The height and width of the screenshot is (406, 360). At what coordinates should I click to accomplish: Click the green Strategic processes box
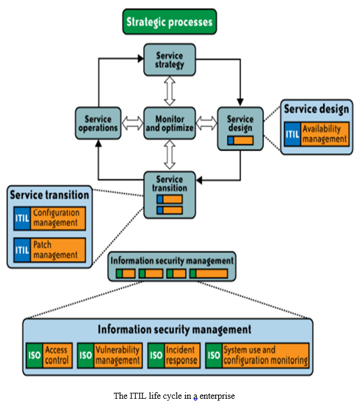pyautogui.click(x=169, y=22)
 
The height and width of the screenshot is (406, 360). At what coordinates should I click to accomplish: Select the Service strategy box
pyautogui.click(x=170, y=60)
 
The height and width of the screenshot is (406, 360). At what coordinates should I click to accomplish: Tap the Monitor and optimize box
pyautogui.click(x=170, y=123)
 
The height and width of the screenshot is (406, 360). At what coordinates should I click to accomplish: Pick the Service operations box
pyautogui.click(x=98, y=123)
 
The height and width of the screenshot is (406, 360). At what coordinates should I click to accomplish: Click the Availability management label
pyautogui.click(x=325, y=134)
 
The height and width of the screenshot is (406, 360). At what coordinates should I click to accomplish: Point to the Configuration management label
pyautogui.click(x=58, y=218)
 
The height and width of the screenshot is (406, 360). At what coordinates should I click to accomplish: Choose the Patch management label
pyautogui.click(x=58, y=250)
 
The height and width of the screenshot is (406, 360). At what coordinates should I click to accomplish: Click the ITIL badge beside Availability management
pyautogui.click(x=292, y=134)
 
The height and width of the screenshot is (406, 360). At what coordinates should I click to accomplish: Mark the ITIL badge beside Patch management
pyautogui.click(x=22, y=250)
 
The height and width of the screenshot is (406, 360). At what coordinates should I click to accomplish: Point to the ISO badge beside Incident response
pyautogui.click(x=156, y=355)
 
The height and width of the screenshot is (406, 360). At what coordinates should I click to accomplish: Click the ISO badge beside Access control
pyautogui.click(x=34, y=355)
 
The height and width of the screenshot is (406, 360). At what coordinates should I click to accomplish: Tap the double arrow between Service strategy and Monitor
pyautogui.click(x=170, y=91)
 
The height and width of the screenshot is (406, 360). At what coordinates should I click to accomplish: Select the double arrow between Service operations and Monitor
pyautogui.click(x=133, y=123)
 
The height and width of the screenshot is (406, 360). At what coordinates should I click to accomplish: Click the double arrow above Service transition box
pyautogui.click(x=170, y=155)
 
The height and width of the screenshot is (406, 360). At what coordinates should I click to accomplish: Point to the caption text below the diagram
pyautogui.click(x=174, y=396)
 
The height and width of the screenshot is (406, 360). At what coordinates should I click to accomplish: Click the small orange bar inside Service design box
pyautogui.click(x=244, y=140)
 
